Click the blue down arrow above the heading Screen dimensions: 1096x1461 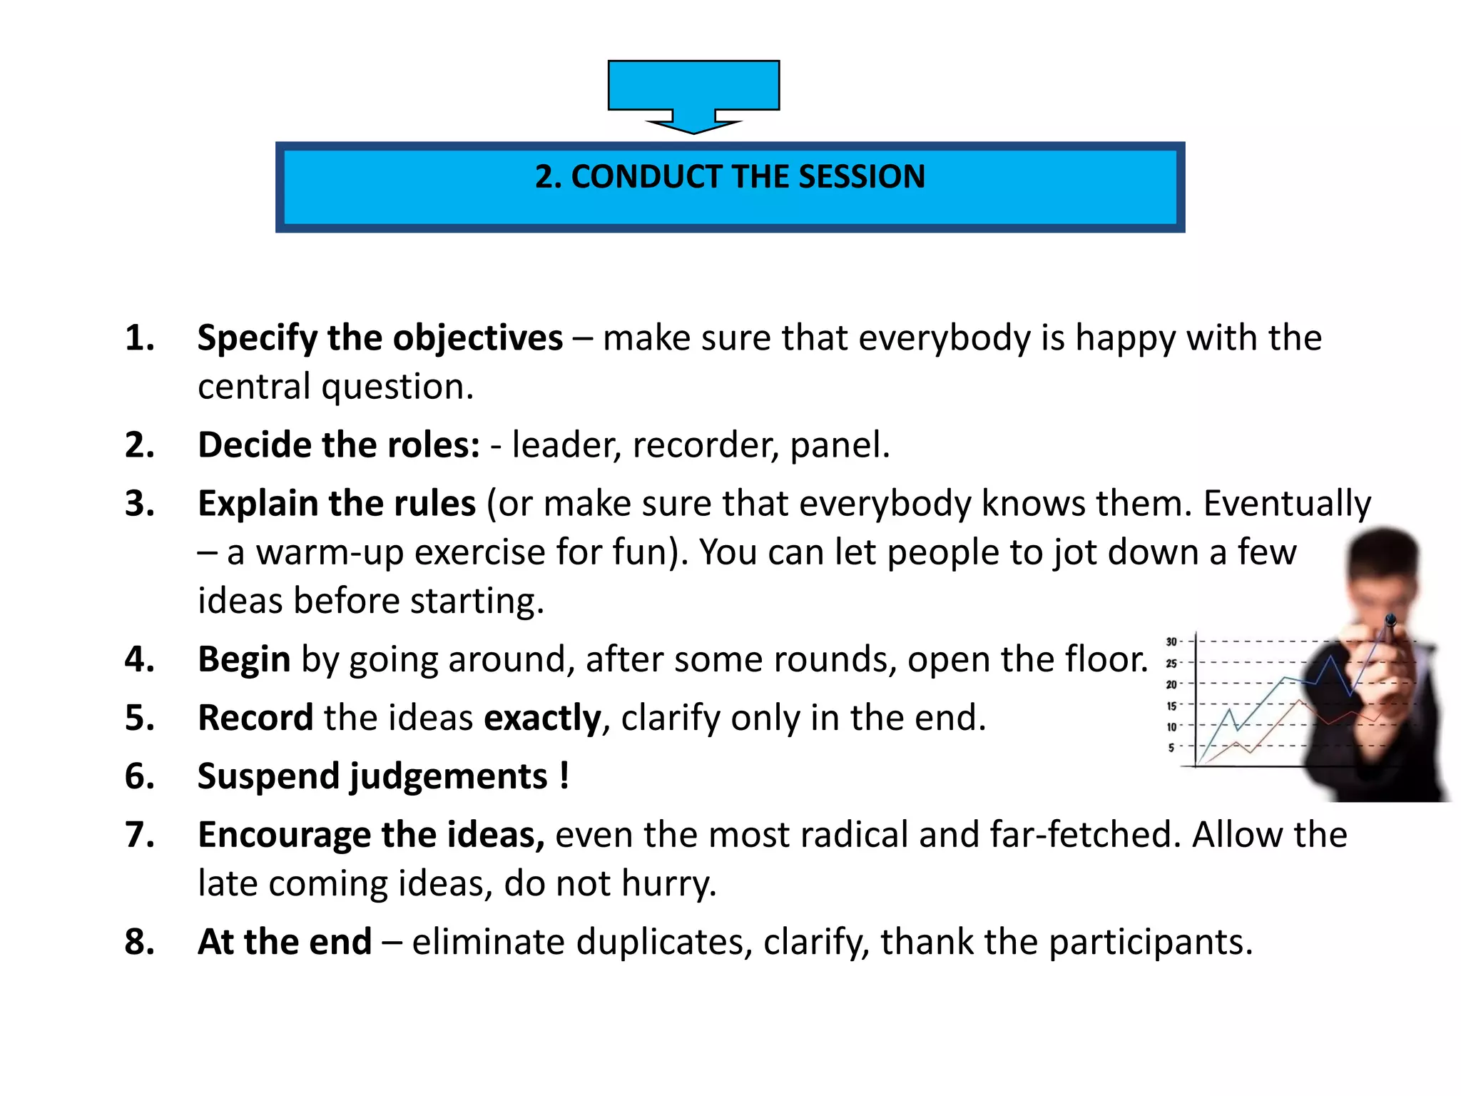click(693, 93)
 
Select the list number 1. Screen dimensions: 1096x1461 click(140, 338)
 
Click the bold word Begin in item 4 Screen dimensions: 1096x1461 click(244, 659)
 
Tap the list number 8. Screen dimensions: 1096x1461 click(140, 942)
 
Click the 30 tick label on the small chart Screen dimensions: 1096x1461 click(1171, 641)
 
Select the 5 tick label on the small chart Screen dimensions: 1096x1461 click(1171, 747)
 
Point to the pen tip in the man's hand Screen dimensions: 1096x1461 click(1390, 619)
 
